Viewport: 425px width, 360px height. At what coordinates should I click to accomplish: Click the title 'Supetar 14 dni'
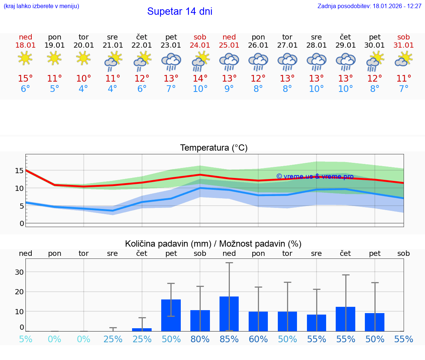pos(180,11)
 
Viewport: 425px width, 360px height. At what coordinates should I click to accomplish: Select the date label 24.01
pos(200,45)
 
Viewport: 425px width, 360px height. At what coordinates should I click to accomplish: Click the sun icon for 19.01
pos(55,58)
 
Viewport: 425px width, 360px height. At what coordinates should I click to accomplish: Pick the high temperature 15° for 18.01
pos(25,79)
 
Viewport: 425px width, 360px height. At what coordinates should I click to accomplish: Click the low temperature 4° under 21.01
pos(113,89)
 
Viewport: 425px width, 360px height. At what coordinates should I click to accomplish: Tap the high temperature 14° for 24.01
pos(200,79)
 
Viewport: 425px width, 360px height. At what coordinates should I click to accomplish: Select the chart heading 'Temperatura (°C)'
pos(214,148)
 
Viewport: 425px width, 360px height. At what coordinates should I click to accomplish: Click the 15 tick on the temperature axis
pos(19,171)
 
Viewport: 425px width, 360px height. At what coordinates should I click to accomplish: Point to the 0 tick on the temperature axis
pos(22,223)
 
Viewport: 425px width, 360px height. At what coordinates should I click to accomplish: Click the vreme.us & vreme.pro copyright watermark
pos(315,176)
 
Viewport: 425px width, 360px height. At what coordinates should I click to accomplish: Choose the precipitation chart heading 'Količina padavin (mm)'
pos(213,244)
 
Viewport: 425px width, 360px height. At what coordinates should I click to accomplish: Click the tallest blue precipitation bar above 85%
pos(229,313)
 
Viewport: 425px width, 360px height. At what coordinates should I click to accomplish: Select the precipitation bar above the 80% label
pos(200,320)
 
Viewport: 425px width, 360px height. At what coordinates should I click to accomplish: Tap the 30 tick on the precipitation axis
pos(19,272)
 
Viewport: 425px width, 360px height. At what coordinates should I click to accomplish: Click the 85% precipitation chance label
pos(229,339)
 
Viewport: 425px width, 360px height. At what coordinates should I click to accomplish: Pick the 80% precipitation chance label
pos(200,339)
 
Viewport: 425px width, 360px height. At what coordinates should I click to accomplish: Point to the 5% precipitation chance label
pos(25,339)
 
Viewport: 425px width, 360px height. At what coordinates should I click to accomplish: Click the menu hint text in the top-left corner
pos(41,6)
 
